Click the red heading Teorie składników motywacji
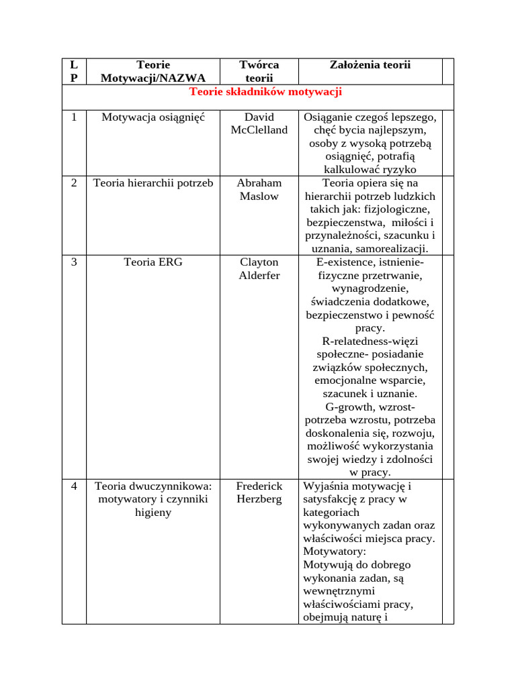pos(266,91)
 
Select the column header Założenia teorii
pos(370,65)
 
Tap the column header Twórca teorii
pos(259,71)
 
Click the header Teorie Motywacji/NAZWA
pos(153,71)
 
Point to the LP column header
pos(74,71)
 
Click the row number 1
pos(74,117)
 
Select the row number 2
pos(74,183)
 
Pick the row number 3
pos(74,262)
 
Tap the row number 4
pos(74,486)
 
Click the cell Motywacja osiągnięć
pos(153,117)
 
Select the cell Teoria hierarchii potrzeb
pos(153,183)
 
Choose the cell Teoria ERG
pos(153,262)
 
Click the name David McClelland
pos(259,123)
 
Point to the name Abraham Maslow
pos(259,189)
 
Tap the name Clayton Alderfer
pos(259,268)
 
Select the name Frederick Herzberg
pos(259,492)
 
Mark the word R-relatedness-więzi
pos(370,341)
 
